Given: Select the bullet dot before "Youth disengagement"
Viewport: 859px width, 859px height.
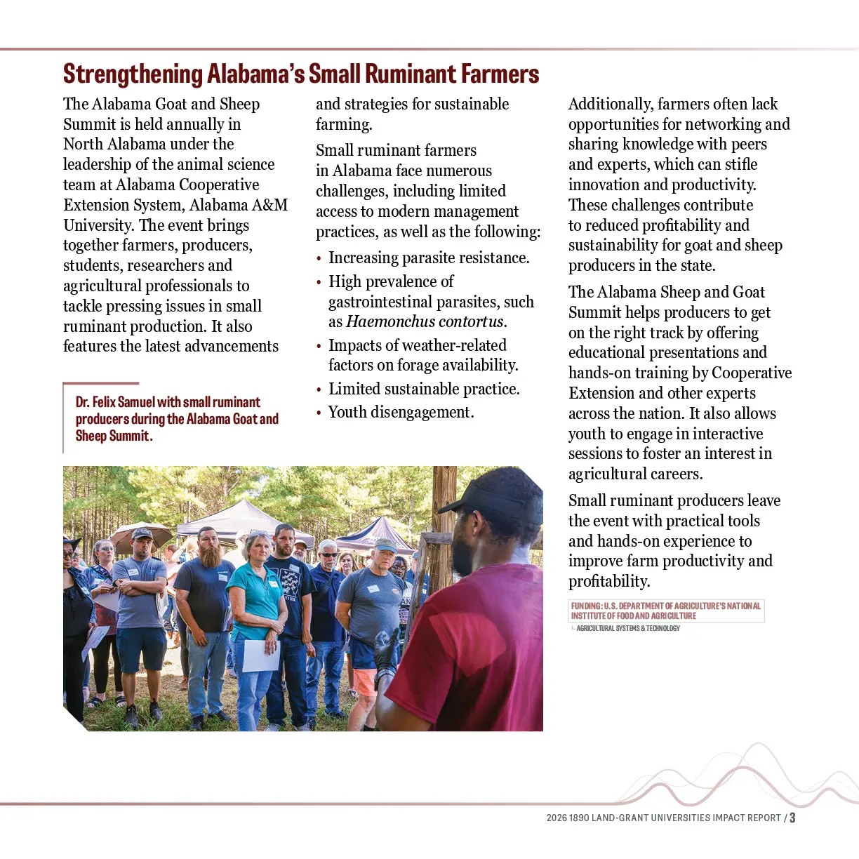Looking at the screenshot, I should click(x=319, y=413).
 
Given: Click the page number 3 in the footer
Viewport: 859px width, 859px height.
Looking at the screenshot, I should click(x=792, y=818).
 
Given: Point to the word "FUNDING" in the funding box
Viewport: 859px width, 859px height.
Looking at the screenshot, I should click(x=586, y=606).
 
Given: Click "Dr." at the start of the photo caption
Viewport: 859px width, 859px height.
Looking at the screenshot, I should click(x=82, y=402).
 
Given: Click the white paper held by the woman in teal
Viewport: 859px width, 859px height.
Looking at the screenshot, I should click(x=262, y=654).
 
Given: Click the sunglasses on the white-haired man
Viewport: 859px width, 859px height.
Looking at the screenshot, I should click(x=328, y=555).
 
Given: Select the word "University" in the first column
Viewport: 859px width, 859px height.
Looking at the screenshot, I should click(x=98, y=225).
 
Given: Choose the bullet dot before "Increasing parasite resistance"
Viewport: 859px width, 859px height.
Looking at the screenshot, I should click(x=319, y=259).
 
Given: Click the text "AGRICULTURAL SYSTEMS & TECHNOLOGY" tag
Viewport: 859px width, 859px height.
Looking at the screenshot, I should click(x=628, y=628).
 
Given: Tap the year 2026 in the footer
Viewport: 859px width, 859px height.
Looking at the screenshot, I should click(x=557, y=818).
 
